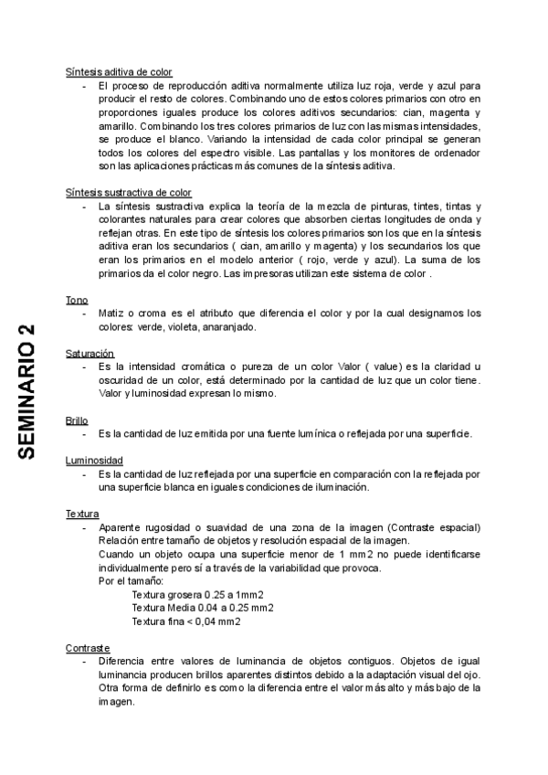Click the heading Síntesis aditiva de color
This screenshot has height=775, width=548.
tap(119, 71)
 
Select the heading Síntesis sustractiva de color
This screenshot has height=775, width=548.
tap(129, 193)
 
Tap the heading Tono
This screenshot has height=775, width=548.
tap(77, 301)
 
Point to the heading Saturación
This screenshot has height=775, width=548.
tap(90, 353)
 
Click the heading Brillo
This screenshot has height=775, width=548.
tap(77, 420)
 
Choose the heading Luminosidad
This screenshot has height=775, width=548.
tap(94, 460)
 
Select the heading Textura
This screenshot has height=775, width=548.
tap(82, 515)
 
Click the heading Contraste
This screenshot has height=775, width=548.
tap(88, 648)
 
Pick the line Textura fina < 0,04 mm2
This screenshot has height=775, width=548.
tap(186, 621)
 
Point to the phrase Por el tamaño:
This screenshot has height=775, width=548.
tap(131, 581)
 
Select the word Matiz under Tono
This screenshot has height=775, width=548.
tap(111, 313)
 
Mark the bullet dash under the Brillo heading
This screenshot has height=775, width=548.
tap(85, 434)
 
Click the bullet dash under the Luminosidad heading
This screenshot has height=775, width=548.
tap(85, 474)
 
